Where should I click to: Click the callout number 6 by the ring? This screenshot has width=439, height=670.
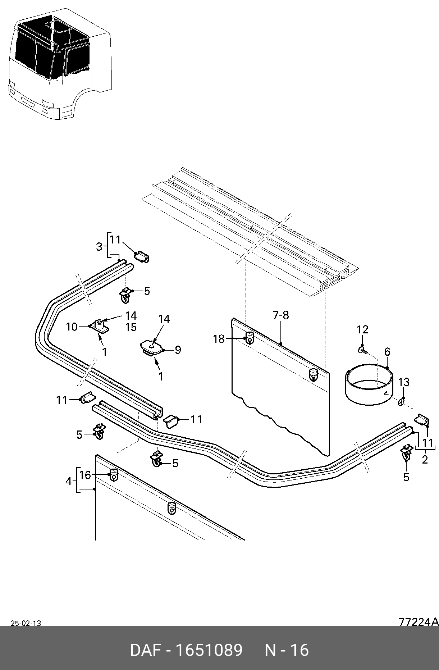pos(387,351)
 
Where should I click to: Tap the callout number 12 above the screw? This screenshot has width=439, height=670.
pos(362,329)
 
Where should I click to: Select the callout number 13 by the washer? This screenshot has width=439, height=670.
pos(404,382)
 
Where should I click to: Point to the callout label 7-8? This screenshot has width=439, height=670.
pos(281,315)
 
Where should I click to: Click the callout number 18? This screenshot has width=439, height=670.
pos(219,339)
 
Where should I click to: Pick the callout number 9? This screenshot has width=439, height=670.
pos(178,350)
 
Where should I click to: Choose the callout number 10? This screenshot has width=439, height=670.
pos(72,327)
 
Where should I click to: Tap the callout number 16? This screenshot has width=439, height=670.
pos(85,475)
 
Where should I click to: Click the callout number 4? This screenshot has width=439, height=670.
pos(69,481)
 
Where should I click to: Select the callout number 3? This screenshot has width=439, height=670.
pos(99,247)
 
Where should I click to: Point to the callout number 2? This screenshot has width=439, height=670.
pos(425,460)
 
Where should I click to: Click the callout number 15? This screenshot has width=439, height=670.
pos(131,327)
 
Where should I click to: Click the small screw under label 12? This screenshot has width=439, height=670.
pos(362,349)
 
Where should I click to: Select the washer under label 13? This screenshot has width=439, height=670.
pos(401,401)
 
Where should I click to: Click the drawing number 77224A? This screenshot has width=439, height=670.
pos(419,621)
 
